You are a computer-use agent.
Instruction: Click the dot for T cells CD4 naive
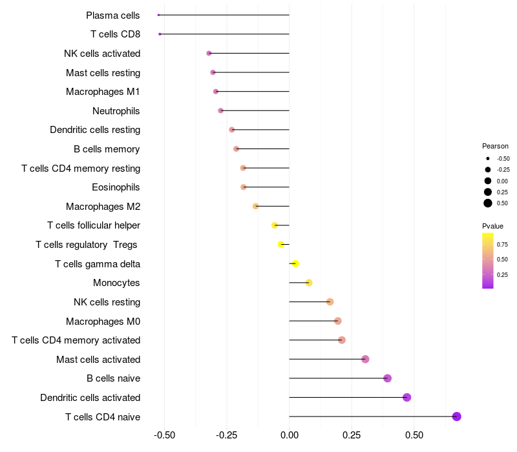457,416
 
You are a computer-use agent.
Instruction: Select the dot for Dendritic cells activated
407,397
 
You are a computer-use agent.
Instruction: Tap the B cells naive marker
388,378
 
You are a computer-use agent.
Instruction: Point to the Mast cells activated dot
365,359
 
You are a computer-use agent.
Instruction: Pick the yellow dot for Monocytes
309,283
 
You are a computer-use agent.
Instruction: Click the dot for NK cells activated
209,53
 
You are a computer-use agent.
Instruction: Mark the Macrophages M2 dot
255,206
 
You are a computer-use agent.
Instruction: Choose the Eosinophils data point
244,187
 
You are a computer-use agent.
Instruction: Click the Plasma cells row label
113,15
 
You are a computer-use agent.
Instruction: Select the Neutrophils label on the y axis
116,111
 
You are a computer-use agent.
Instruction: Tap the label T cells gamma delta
98,264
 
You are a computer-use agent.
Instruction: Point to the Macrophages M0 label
103,321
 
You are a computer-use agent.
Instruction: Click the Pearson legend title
495,146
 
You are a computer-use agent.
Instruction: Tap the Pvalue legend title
492,226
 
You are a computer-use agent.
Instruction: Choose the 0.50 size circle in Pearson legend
488,203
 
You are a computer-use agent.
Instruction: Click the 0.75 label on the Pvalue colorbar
502,244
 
